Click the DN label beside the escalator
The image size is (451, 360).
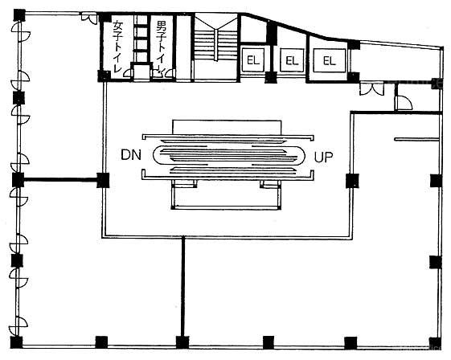pos(131,155)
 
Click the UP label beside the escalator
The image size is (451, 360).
pos(324,157)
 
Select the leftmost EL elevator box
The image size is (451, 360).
pos(253,60)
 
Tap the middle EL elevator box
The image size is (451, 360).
pos(292,60)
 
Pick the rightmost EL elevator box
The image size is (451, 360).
pos(330,60)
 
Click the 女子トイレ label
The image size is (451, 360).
pos(117,46)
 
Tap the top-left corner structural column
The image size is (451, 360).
pos(19,14)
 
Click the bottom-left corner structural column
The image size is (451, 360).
pos(16,342)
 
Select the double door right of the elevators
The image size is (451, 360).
pos(372,88)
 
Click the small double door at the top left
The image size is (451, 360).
pos(89,18)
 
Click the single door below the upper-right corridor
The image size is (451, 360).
pos(404,103)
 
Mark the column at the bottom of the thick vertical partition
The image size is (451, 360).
pos(182,342)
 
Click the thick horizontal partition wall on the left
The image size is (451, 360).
pos(60,180)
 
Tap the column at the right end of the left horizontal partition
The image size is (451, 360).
pos(103,180)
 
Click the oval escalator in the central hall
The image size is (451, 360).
pos(228,156)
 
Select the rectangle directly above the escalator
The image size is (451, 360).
pos(227,127)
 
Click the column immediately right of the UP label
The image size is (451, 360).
pos(352,181)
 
